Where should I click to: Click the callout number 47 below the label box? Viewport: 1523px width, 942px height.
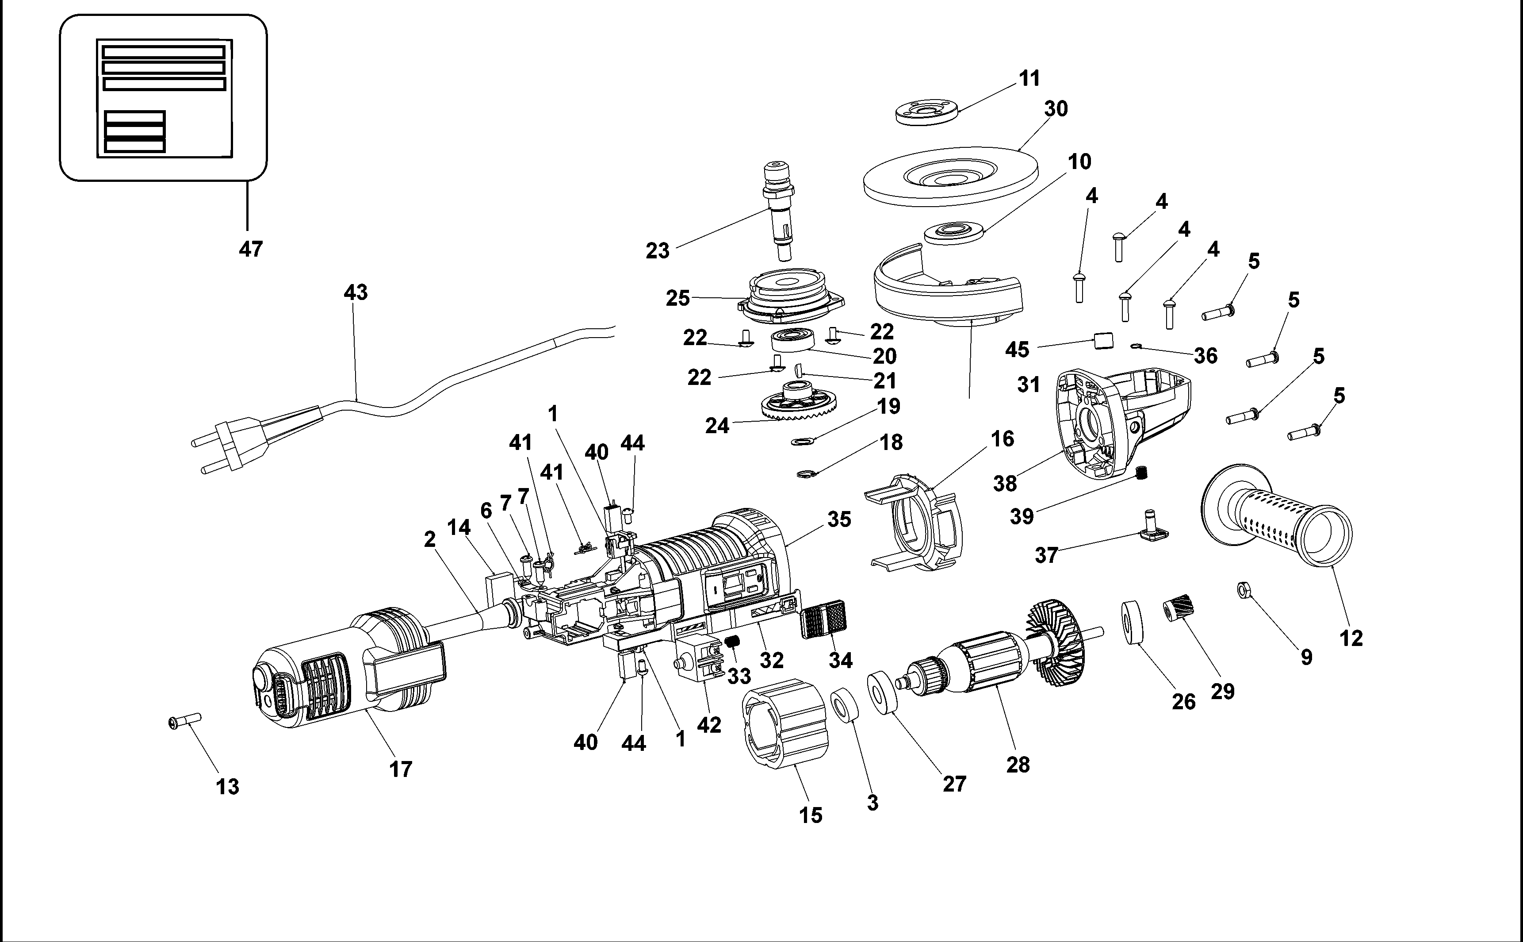click(x=250, y=249)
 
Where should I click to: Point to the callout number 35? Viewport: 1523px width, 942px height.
click(x=839, y=519)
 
